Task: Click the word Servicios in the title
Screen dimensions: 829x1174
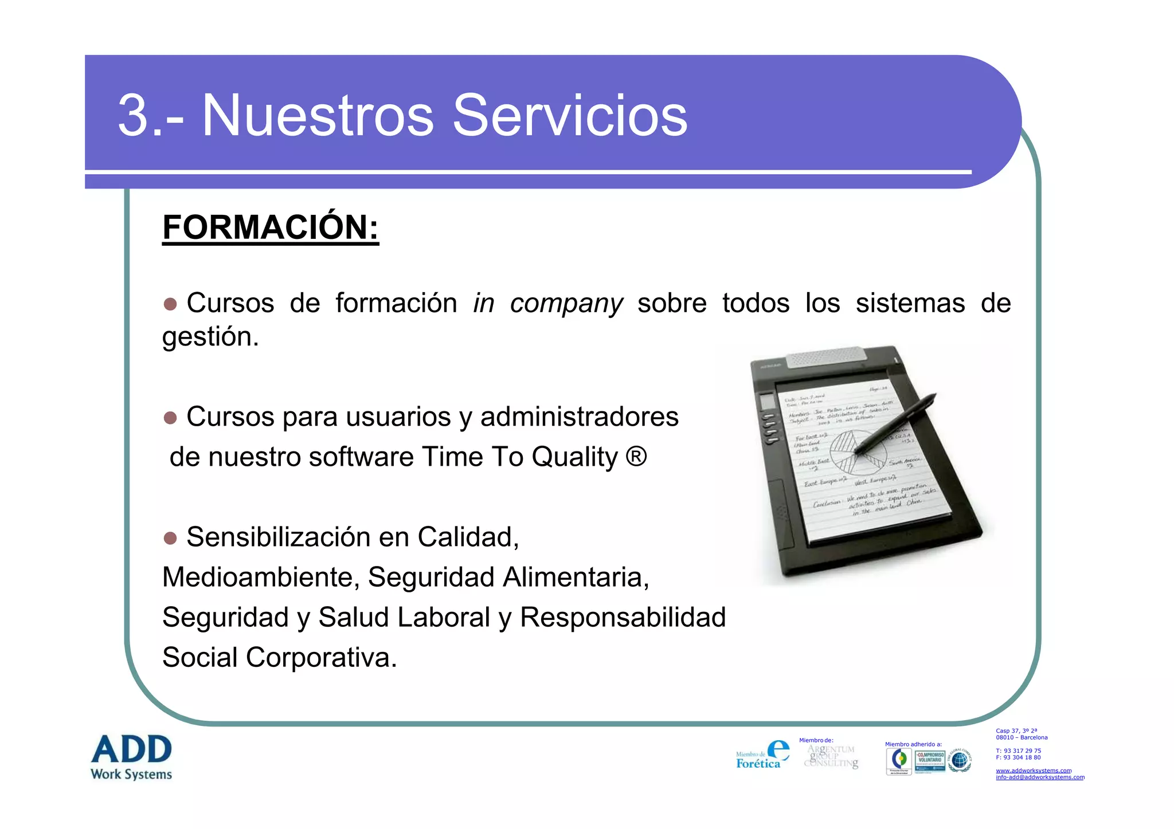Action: click(x=570, y=116)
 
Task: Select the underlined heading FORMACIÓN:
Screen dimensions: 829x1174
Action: click(x=271, y=227)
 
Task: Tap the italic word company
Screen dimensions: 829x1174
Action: click(x=566, y=303)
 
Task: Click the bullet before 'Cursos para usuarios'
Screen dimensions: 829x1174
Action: click(x=170, y=418)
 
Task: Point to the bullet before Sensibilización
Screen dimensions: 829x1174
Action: click(x=170, y=538)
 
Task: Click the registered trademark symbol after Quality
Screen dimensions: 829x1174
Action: click(x=636, y=457)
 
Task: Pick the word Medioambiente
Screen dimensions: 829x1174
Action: click(x=261, y=577)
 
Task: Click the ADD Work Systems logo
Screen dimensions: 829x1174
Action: click(x=131, y=757)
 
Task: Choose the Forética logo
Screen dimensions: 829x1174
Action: click(x=762, y=755)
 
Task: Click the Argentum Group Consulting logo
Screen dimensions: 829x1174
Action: click(x=831, y=756)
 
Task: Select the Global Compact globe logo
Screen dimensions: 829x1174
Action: click(x=960, y=760)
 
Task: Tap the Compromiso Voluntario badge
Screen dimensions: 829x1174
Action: click(x=930, y=761)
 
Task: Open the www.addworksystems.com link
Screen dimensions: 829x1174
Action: click(x=1033, y=771)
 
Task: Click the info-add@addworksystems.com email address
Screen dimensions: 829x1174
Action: click(x=1040, y=777)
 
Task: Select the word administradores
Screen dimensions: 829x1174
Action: click(x=579, y=417)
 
